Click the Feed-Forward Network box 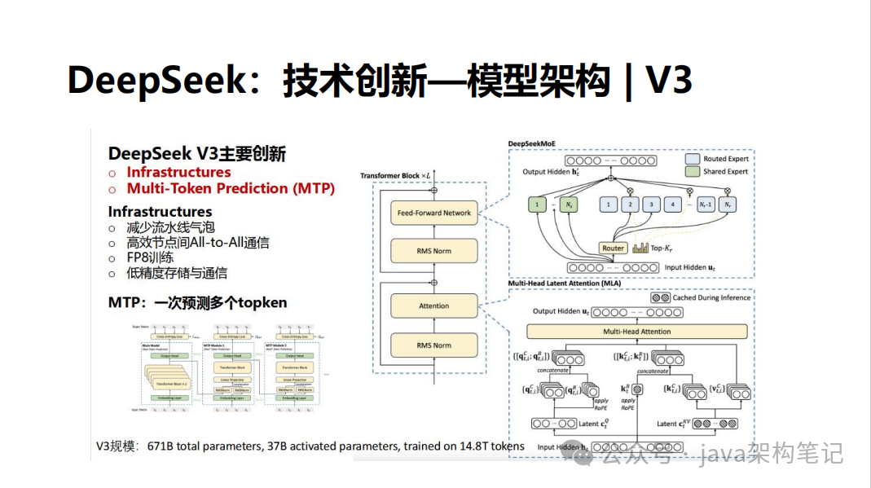(434, 213)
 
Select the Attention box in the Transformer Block (434, 306)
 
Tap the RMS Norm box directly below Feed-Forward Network (434, 252)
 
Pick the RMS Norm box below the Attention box (434, 345)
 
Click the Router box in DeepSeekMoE (613, 248)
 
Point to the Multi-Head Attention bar (637, 332)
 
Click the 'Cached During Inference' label (711, 298)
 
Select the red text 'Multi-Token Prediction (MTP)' (231, 188)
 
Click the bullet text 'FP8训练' (151, 257)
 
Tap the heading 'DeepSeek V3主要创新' (197, 154)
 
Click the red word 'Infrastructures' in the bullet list (178, 172)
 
